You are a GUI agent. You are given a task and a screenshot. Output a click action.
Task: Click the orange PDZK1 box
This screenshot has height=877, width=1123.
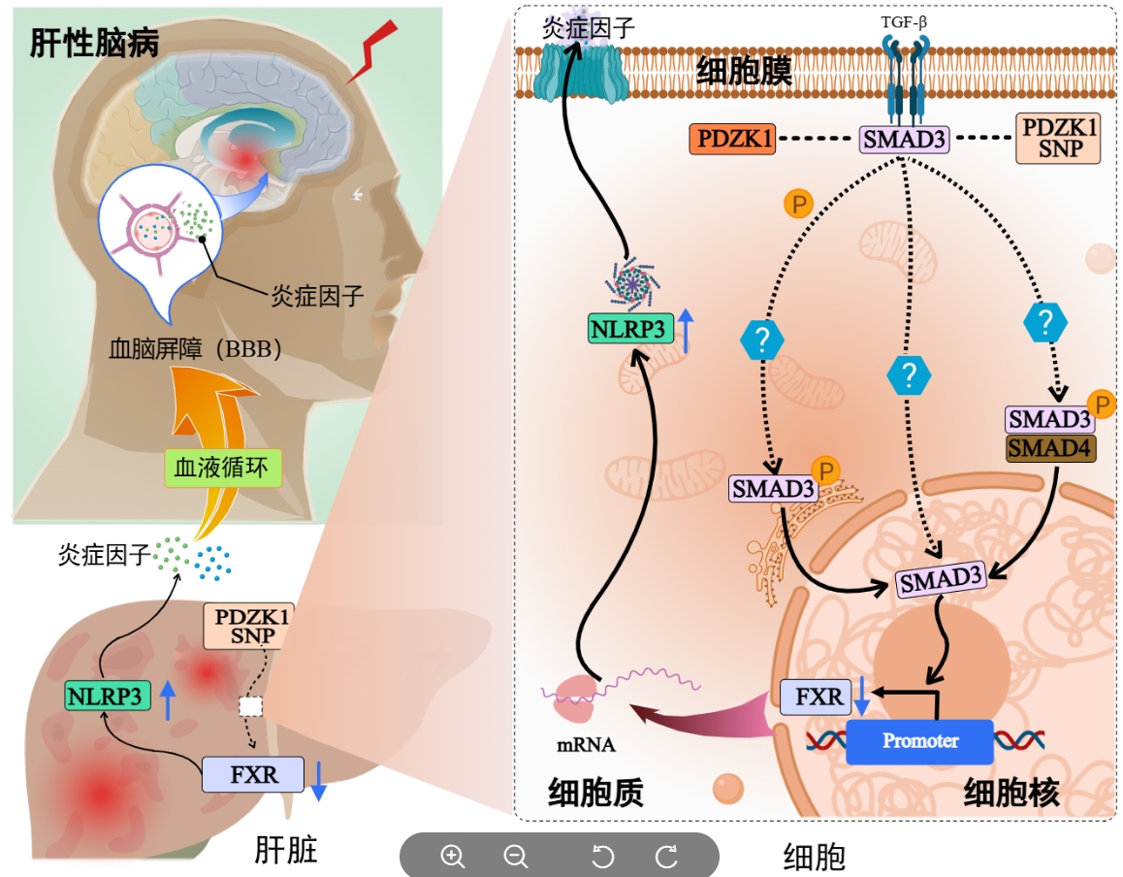pos(731,140)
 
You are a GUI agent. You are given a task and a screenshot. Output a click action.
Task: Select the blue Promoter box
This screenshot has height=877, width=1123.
pos(920,741)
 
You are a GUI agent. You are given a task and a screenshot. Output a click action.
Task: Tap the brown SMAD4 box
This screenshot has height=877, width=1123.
pos(1051,447)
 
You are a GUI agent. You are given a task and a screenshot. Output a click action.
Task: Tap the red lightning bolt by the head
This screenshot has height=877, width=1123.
pos(376,51)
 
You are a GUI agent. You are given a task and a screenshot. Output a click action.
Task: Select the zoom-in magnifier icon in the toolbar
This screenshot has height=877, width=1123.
pos(453,856)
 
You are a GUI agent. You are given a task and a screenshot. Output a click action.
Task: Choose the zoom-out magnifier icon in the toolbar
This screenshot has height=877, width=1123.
pos(516,856)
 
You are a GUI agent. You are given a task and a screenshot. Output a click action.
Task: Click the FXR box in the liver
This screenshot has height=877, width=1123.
pos(253,774)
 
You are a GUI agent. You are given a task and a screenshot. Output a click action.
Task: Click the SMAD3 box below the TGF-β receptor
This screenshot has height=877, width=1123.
pos(904,140)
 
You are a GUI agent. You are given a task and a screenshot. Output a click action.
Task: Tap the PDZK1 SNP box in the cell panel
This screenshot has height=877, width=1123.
pos(1058,140)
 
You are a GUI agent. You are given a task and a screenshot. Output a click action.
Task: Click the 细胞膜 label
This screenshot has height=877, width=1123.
pos(744,71)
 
